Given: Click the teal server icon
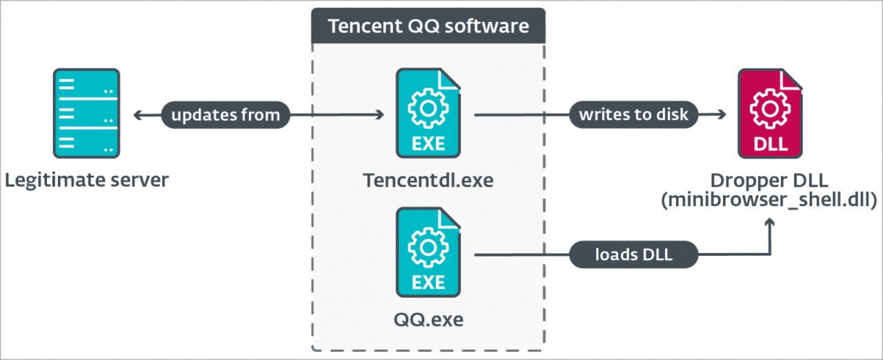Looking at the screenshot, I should (x=86, y=113).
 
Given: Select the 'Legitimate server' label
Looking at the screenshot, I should (x=86, y=181).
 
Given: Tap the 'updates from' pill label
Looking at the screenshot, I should (x=226, y=114).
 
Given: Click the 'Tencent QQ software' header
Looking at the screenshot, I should (x=428, y=26).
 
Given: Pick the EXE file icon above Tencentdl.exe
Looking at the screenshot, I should (x=428, y=113).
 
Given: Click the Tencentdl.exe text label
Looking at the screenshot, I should (x=428, y=181).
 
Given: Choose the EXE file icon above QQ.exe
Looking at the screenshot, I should (x=428, y=252).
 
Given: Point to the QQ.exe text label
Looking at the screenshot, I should (x=428, y=320).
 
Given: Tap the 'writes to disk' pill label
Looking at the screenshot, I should (x=633, y=114).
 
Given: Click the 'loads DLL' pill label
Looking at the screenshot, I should (x=633, y=256).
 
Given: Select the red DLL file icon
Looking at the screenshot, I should (x=770, y=113).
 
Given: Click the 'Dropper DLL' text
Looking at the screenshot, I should (x=770, y=181).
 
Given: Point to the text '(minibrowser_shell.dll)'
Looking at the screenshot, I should (x=770, y=201).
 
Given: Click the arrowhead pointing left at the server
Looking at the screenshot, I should (x=137, y=114).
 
